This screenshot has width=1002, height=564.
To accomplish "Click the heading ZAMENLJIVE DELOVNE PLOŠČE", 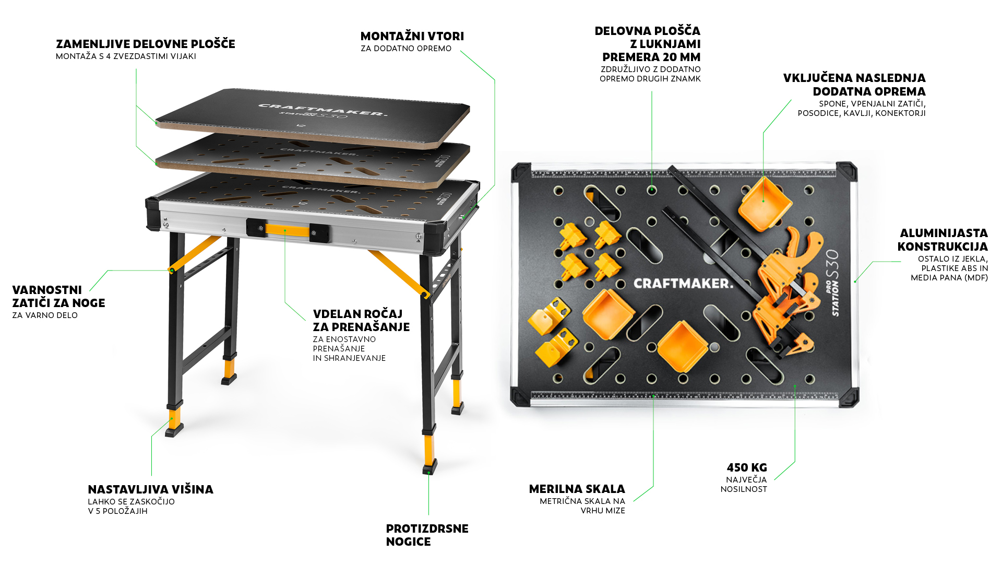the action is (x=146, y=44).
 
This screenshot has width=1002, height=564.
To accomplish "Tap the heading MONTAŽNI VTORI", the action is (x=412, y=36).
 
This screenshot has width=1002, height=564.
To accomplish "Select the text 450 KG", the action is (x=747, y=467).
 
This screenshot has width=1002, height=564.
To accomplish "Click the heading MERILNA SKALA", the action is (x=577, y=489).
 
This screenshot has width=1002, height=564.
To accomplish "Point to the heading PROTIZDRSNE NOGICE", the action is (x=427, y=535).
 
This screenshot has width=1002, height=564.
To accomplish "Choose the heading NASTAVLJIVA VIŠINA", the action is (x=150, y=489).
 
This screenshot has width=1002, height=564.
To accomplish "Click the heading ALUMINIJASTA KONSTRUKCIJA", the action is (x=943, y=240).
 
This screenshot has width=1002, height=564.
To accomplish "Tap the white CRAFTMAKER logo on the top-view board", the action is (x=683, y=284).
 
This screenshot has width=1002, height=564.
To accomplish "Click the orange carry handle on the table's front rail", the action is (x=287, y=230).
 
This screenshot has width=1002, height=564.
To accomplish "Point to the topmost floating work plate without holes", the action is (x=313, y=118).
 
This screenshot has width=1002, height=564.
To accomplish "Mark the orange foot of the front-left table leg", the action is (x=174, y=418).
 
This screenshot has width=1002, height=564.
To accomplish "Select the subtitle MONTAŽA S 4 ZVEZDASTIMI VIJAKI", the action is (x=126, y=56).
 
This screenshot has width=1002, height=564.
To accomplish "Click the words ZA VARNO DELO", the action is (x=45, y=315).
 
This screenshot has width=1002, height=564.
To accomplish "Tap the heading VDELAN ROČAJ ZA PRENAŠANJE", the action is (x=361, y=320).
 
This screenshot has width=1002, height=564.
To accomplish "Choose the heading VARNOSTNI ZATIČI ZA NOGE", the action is (x=58, y=296).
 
